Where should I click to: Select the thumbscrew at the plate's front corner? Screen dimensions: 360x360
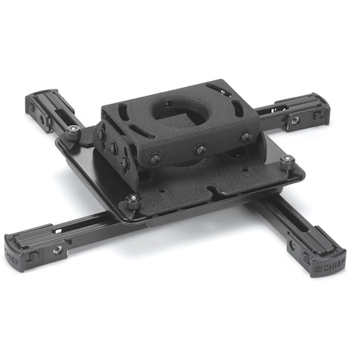point(133,199)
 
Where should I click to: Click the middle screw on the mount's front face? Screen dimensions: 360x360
point(200,149)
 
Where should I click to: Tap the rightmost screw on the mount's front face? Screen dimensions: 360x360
point(245,137)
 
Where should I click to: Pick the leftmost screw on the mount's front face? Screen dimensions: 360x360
point(154,158)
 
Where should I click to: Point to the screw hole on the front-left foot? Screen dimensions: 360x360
point(58,250)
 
